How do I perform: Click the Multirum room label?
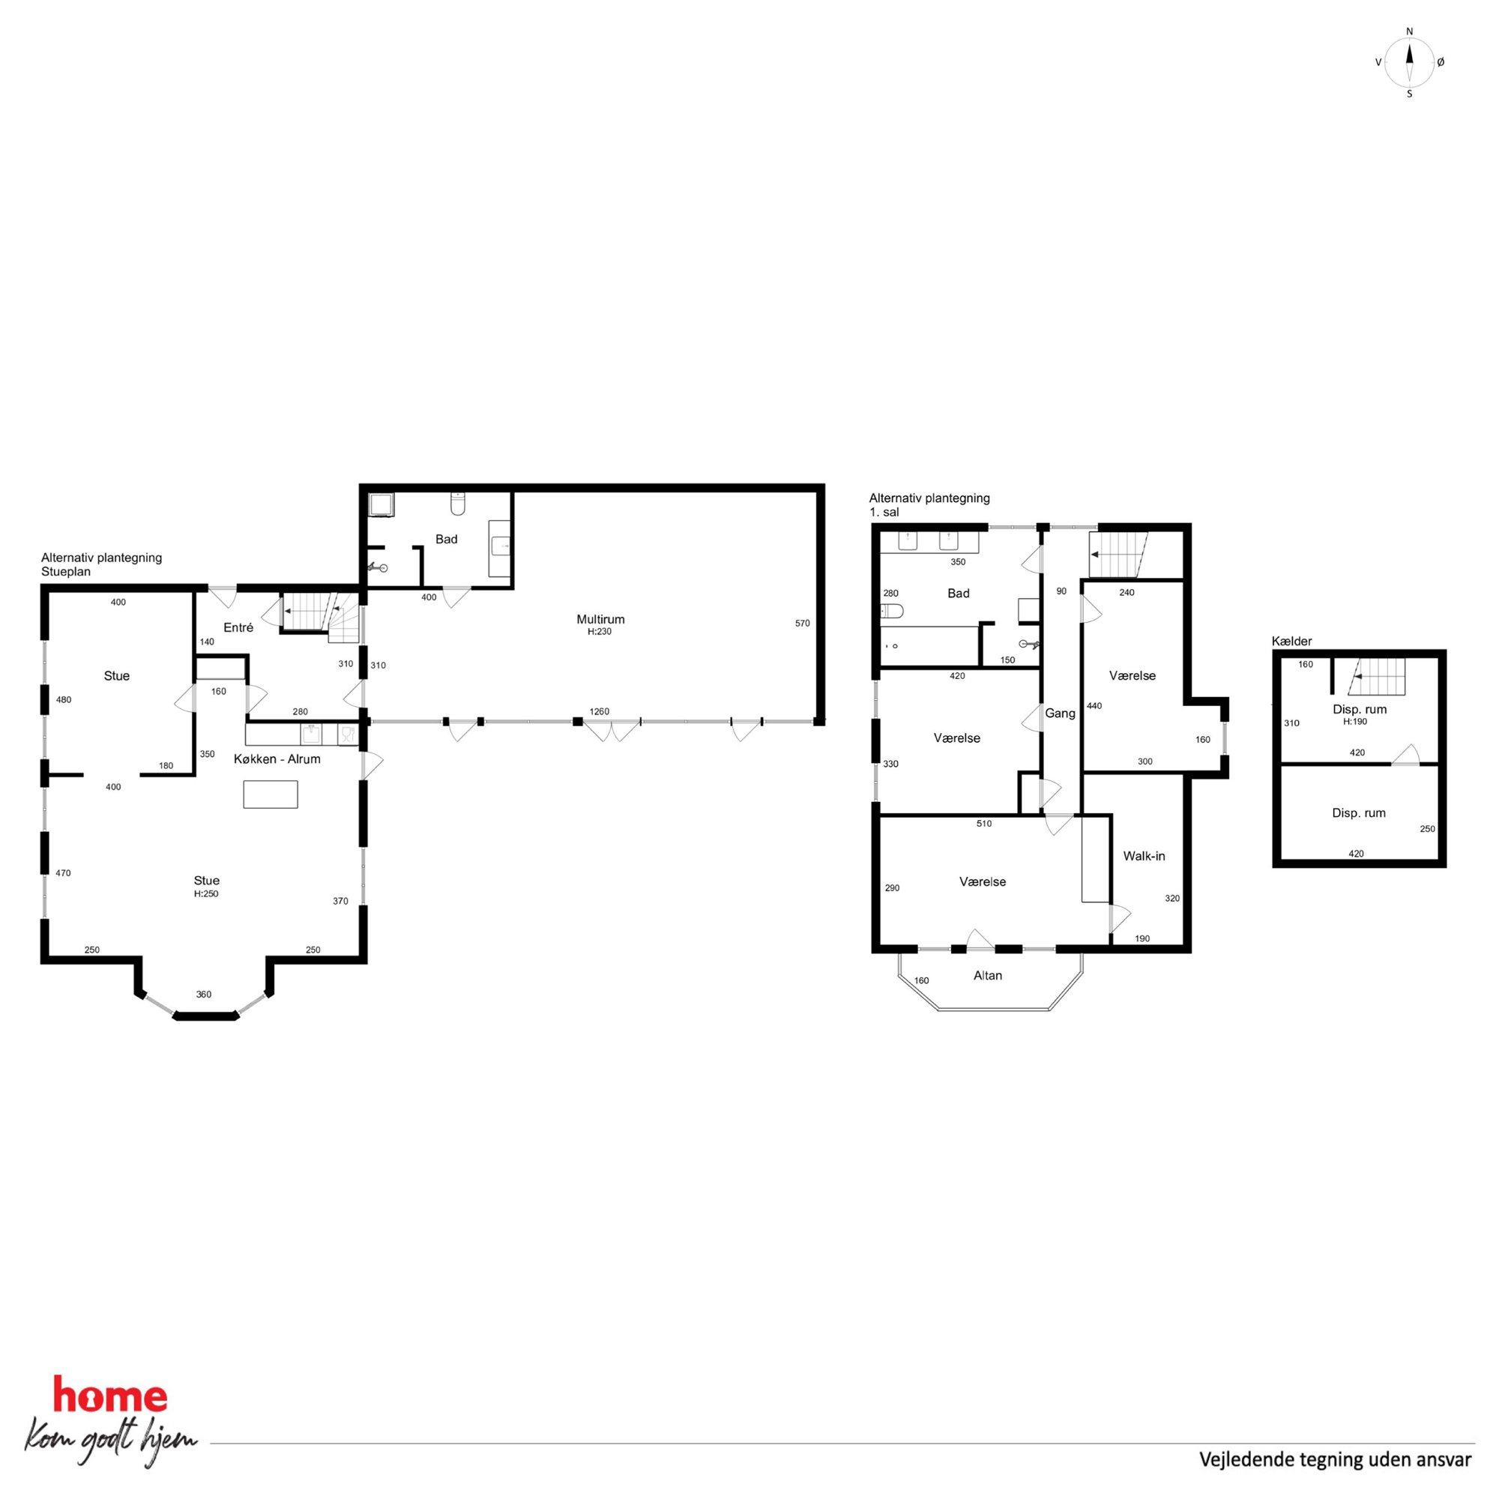[600, 619]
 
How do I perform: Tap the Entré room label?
[238, 627]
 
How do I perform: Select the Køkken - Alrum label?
[277, 759]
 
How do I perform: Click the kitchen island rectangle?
[270, 794]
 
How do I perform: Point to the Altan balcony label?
[988, 975]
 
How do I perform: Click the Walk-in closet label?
[1144, 856]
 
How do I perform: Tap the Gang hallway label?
[1060, 714]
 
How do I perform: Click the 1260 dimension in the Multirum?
[599, 711]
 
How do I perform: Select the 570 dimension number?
[802, 624]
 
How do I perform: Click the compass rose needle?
[1409, 62]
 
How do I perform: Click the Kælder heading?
[1291, 641]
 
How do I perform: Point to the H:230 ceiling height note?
[600, 632]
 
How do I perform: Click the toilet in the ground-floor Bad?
[458, 504]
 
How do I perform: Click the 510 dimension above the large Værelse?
[983, 824]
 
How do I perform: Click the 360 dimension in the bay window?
[203, 995]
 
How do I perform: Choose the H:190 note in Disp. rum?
[1354, 722]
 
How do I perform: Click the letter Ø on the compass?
[1441, 62]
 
